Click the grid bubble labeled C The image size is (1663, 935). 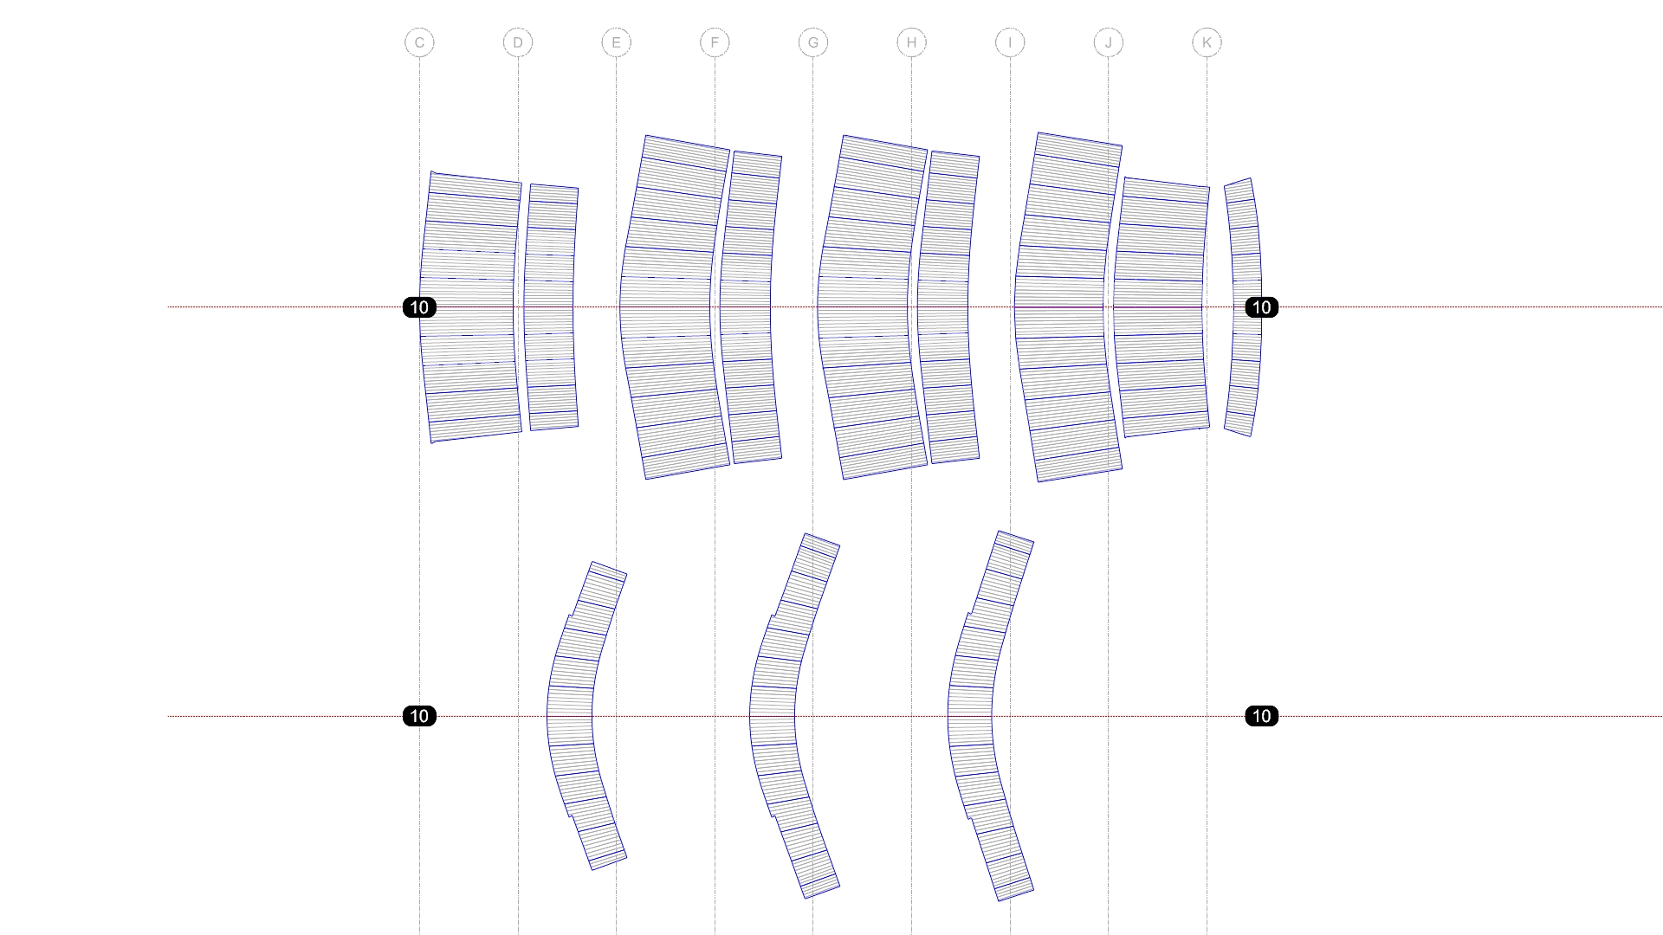pyautogui.click(x=419, y=42)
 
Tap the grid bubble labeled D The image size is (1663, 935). pyautogui.click(x=518, y=42)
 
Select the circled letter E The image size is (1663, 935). pyautogui.click(x=616, y=42)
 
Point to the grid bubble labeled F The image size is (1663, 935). pyautogui.click(x=715, y=42)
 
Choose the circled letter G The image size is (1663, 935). pyautogui.click(x=812, y=42)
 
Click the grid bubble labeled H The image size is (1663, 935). pyautogui.click(x=911, y=42)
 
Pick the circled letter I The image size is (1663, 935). pyautogui.click(x=1010, y=42)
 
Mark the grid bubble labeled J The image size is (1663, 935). pyautogui.click(x=1108, y=42)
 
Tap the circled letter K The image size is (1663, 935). pyautogui.click(x=1207, y=42)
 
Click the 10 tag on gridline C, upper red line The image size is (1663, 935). pyautogui.click(x=419, y=307)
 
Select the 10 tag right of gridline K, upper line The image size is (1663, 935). pyautogui.click(x=1261, y=307)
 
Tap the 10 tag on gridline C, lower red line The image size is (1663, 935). pyautogui.click(x=419, y=716)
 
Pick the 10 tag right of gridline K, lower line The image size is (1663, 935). pyautogui.click(x=1261, y=716)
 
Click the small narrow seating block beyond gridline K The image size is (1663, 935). pyautogui.click(x=1245, y=307)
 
